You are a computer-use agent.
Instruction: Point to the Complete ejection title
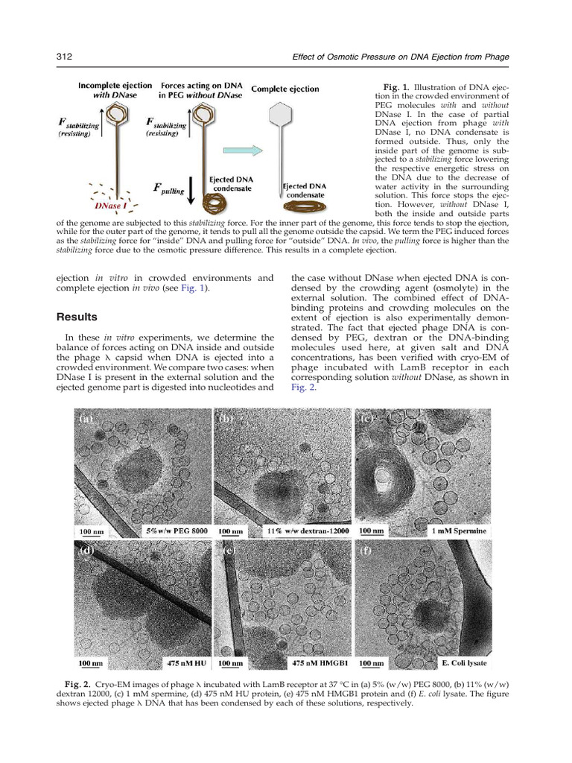tap(286, 89)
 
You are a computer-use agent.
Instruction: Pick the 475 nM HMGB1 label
tap(317, 662)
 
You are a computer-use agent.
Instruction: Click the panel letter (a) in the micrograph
tap(88, 420)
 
